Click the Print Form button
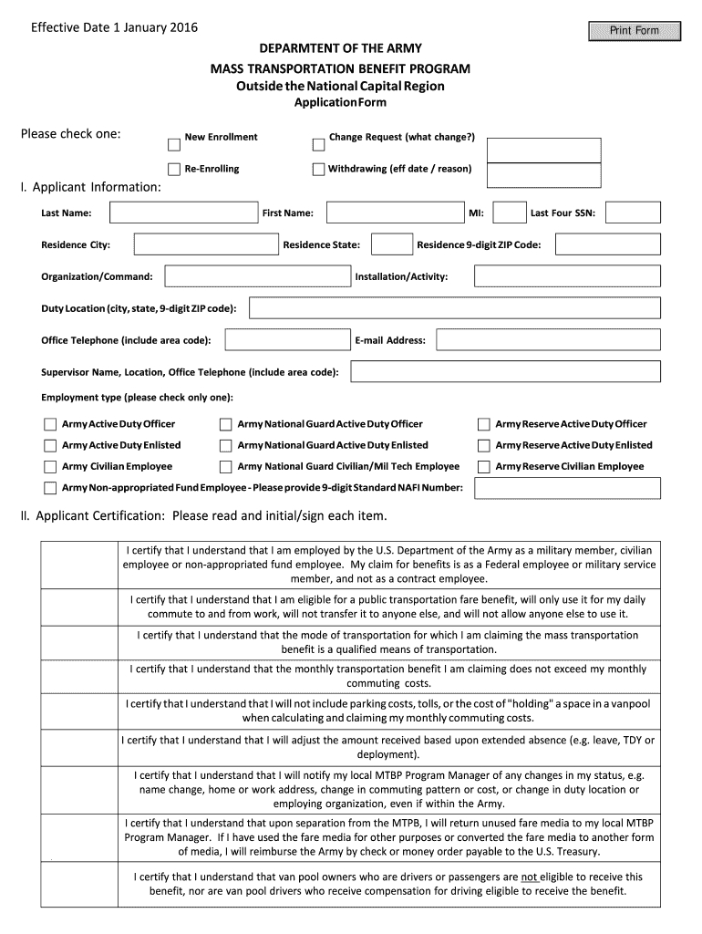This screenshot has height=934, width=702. [x=634, y=30]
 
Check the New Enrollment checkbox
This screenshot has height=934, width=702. [x=174, y=144]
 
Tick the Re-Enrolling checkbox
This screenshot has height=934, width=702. [x=174, y=169]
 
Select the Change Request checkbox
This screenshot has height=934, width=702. [x=318, y=144]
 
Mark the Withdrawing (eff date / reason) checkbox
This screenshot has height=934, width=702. [x=318, y=169]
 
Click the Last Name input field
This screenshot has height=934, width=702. [x=183, y=213]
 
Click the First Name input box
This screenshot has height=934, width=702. [x=393, y=213]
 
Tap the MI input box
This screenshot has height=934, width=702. [x=509, y=213]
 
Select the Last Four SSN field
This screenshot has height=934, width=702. [x=633, y=213]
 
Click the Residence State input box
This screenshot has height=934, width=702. [x=392, y=244]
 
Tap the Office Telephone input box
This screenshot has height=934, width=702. [x=284, y=340]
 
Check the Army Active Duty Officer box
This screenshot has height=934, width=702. [x=50, y=424]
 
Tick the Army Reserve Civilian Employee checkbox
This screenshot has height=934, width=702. [x=484, y=467]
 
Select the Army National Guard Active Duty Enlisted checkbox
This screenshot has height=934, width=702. [x=225, y=445]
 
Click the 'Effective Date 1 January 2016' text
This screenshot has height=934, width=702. [x=114, y=27]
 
